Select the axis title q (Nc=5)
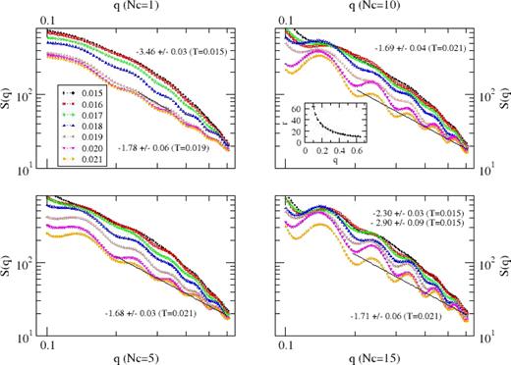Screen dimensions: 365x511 coord(138,355)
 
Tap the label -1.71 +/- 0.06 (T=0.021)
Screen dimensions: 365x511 coord(407,315)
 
